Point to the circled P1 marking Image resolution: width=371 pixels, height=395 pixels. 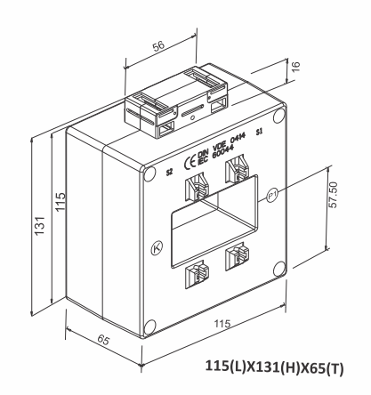[272, 194]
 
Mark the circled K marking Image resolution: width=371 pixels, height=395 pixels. [157, 248]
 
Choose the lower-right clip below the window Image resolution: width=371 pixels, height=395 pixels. [236, 256]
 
